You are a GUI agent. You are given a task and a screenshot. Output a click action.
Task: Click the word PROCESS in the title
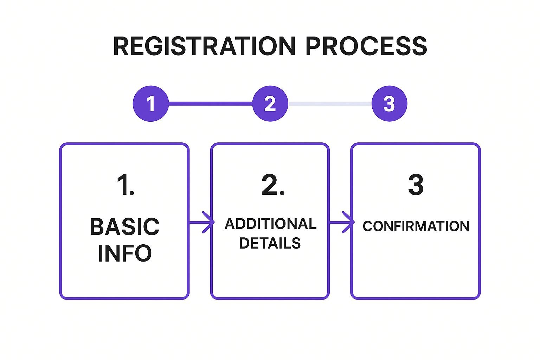366,46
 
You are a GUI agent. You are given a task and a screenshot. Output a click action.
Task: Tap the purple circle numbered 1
150,104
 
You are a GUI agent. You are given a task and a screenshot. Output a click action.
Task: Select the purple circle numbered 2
270,104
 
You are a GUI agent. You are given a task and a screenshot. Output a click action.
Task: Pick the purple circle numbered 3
389,104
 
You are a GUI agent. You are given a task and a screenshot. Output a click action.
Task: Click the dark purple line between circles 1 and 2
210,104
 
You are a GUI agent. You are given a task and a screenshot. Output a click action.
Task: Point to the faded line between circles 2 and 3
330,104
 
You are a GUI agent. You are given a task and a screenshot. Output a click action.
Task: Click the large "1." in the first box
125,185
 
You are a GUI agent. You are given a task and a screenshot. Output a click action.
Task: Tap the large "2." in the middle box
273,185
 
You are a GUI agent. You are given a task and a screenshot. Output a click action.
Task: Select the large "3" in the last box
416,185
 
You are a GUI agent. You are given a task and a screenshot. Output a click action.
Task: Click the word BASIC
125,227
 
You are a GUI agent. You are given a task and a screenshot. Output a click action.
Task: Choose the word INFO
125,253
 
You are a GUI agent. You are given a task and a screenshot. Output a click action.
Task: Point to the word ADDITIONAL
270,224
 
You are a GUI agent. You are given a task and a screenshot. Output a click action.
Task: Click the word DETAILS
270,243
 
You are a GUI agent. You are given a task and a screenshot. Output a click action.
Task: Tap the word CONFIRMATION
416,226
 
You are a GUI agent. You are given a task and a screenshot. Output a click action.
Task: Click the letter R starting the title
121,46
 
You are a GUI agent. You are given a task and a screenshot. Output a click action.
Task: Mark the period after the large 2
282,194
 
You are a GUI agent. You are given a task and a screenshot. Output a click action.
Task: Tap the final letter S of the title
419,46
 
